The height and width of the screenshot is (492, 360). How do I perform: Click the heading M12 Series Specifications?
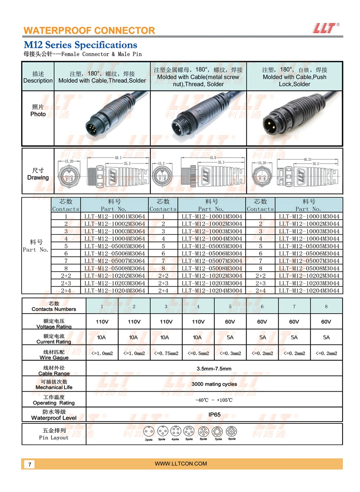tap(80, 44)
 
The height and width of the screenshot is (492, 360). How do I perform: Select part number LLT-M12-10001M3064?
tap(114, 216)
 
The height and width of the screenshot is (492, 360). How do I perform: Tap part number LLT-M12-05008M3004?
tap(212, 268)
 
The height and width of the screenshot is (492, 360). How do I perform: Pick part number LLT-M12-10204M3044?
tap(309, 290)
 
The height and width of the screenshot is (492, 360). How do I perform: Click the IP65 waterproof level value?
tap(214, 415)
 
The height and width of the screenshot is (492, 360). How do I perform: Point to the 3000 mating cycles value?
tap(214, 384)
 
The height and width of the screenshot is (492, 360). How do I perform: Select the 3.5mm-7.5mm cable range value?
tap(214, 368)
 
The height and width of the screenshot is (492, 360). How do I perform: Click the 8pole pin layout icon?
tap(231, 432)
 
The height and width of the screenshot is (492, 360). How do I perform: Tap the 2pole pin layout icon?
tap(149, 432)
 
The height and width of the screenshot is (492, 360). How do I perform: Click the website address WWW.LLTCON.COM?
tap(181, 464)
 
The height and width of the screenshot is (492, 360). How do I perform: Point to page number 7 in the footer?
tap(30, 464)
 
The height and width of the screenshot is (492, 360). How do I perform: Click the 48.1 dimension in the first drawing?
tap(118, 158)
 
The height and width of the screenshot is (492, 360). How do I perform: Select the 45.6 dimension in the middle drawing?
tap(213, 158)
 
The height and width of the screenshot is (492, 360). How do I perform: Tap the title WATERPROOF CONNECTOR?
tap(89, 31)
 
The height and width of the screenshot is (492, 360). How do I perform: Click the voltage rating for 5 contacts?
tap(230, 322)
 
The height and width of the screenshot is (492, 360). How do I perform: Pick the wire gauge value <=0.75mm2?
tap(166, 353)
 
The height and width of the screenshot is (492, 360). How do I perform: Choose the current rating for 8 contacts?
tap(326, 337)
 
